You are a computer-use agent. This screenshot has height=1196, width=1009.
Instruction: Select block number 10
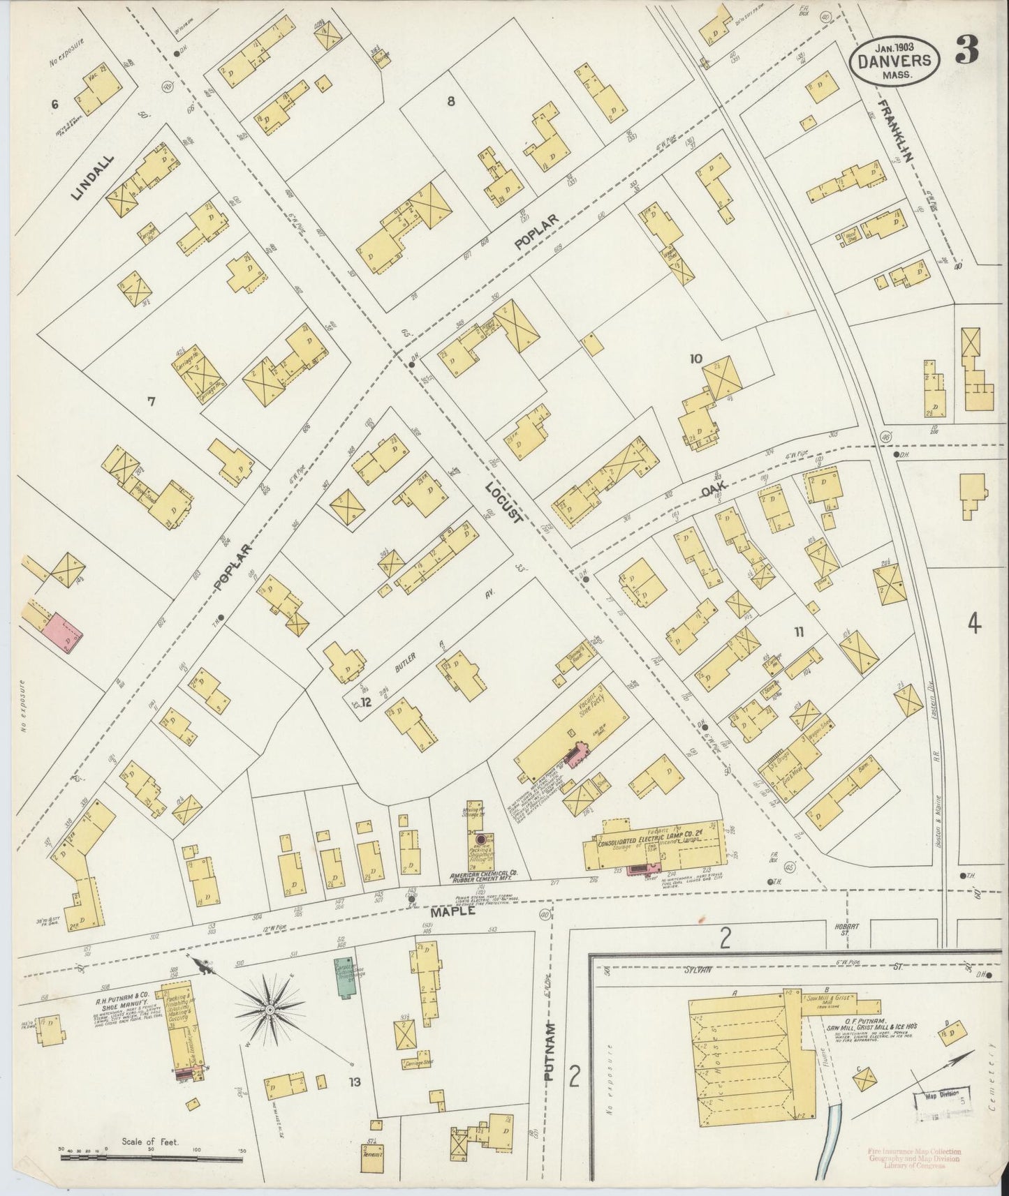[x=695, y=359]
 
